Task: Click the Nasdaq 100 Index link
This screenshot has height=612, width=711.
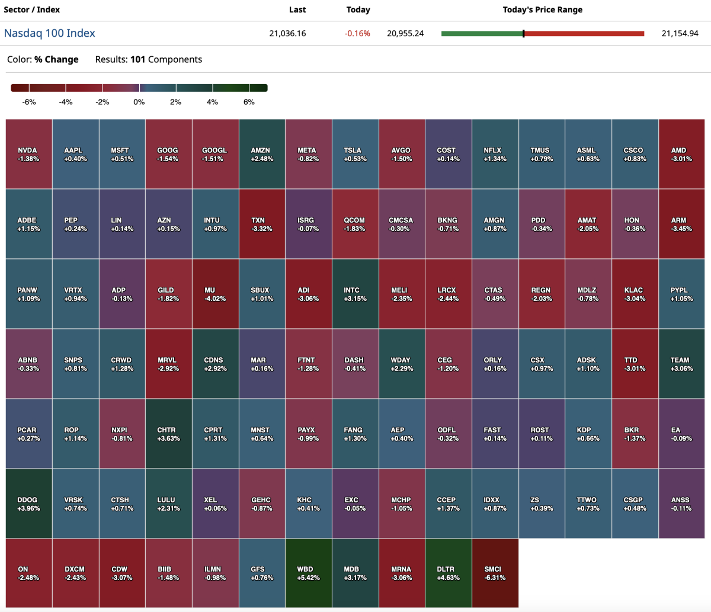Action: point(49,33)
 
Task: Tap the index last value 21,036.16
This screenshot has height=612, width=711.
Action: point(287,33)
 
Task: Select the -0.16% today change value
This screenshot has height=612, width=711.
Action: point(357,33)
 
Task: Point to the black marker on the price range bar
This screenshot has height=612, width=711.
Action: point(524,34)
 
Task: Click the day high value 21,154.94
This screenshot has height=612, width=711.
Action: point(680,33)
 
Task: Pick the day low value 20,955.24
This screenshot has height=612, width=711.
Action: point(405,33)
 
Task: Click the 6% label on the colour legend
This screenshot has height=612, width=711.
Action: point(249,102)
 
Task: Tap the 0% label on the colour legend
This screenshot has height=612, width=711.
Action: point(139,102)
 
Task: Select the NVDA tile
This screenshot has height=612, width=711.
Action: point(29,154)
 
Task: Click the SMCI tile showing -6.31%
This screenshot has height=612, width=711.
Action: point(495,573)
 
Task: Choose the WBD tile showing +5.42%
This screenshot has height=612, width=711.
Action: point(309,573)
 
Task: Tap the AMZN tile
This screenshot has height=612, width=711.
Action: point(262,154)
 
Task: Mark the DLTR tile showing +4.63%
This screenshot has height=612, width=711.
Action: point(449,573)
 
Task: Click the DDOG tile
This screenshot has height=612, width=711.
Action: point(29,504)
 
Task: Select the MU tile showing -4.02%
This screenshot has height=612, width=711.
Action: point(215,294)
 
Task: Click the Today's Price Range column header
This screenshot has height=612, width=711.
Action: point(542,9)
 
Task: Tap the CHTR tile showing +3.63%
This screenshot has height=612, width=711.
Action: point(169,434)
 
